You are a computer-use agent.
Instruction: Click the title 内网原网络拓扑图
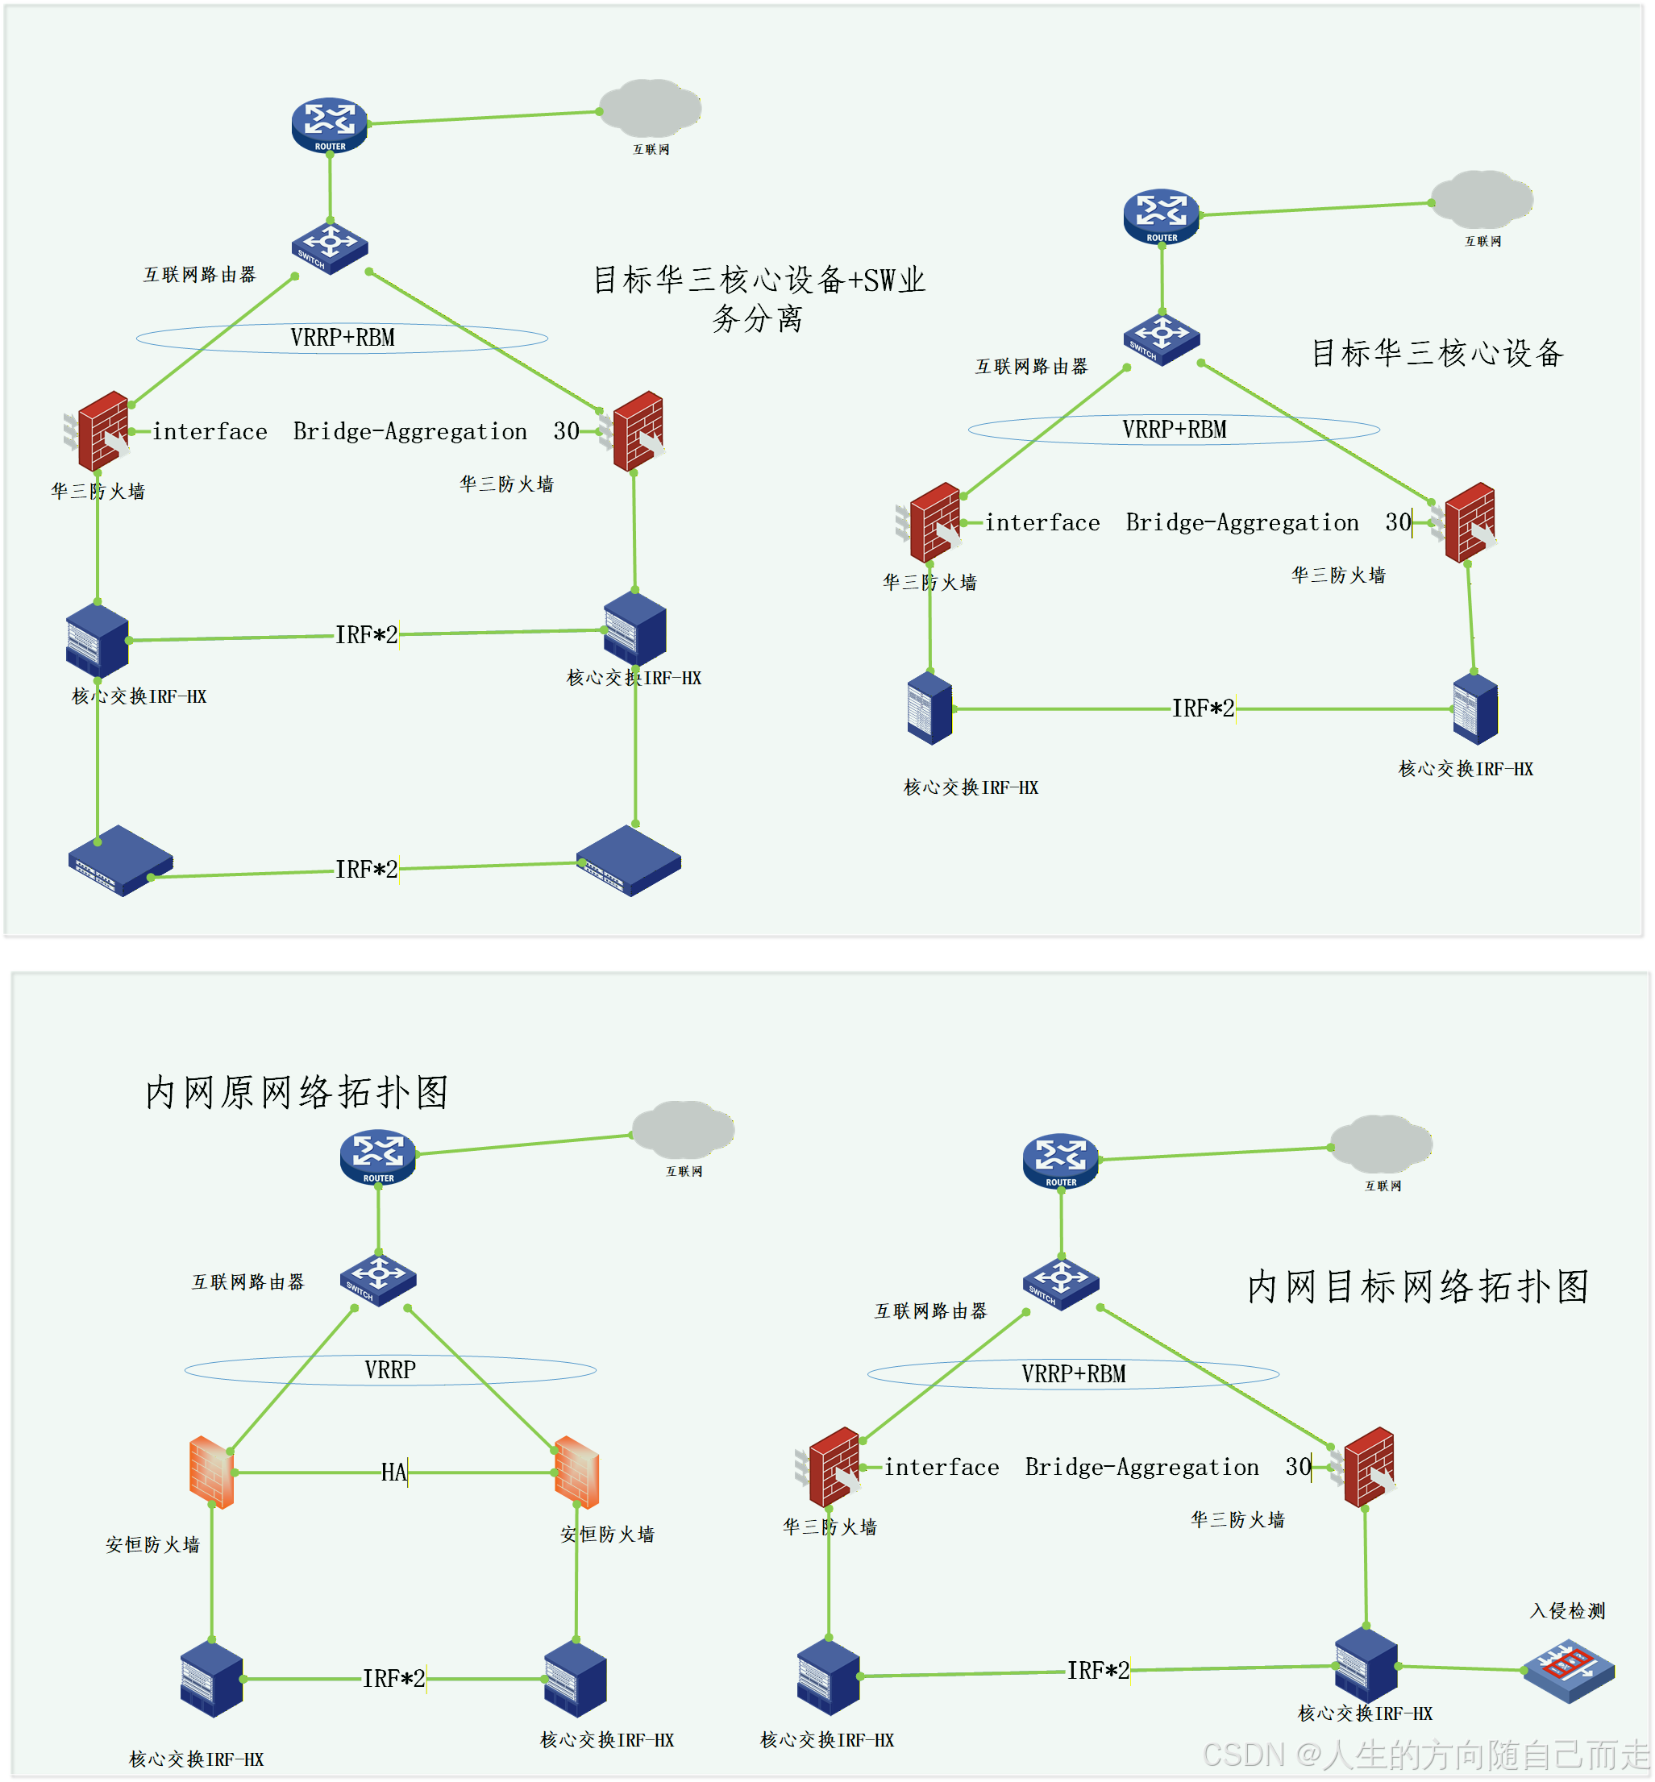[x=297, y=1091]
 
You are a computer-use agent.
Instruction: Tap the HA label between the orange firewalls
[x=393, y=1473]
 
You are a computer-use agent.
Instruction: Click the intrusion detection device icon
[x=1568, y=1670]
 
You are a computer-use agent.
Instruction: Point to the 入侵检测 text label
[x=1567, y=1611]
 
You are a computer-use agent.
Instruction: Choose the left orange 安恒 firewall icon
[x=212, y=1473]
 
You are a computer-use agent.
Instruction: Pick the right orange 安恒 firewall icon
[x=576, y=1473]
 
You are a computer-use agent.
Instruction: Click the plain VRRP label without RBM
[x=390, y=1369]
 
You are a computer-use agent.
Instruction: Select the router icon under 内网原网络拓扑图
[x=378, y=1156]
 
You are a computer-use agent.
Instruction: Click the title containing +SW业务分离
[x=759, y=298]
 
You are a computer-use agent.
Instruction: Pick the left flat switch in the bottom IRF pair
[x=120, y=861]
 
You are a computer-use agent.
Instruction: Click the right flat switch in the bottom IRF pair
[x=629, y=861]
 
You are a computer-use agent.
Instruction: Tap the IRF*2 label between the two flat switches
[x=366, y=869]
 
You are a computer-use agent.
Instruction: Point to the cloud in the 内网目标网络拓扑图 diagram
[x=1381, y=1144]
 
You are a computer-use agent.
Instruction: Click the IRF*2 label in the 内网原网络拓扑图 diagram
[x=393, y=1678]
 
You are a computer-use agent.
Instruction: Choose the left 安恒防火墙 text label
[x=153, y=1545]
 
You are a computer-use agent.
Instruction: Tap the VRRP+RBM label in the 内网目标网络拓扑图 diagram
[x=1074, y=1373]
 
